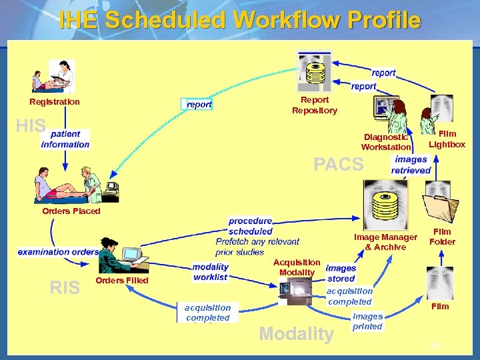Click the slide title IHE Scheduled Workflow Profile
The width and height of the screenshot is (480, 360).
239,20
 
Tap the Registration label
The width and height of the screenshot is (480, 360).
54,102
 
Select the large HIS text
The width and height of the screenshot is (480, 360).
31,126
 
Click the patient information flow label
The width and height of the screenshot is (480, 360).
65,139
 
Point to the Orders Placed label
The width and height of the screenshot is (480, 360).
71,211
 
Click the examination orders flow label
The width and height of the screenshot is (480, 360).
58,252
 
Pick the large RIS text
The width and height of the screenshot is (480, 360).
65,287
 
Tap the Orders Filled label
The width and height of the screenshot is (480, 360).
122,281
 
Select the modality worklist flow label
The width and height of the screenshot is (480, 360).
210,272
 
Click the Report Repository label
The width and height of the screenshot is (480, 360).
315,105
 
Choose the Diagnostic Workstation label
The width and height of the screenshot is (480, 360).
386,142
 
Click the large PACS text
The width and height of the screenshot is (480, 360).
339,164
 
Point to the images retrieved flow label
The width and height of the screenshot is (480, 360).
411,165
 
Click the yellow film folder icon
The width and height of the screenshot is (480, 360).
442,205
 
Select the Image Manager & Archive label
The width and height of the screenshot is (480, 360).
385,242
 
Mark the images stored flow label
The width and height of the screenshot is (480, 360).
341,273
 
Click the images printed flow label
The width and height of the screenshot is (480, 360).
367,321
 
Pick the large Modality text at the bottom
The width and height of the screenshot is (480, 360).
295,333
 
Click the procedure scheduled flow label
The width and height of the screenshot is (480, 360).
250,226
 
